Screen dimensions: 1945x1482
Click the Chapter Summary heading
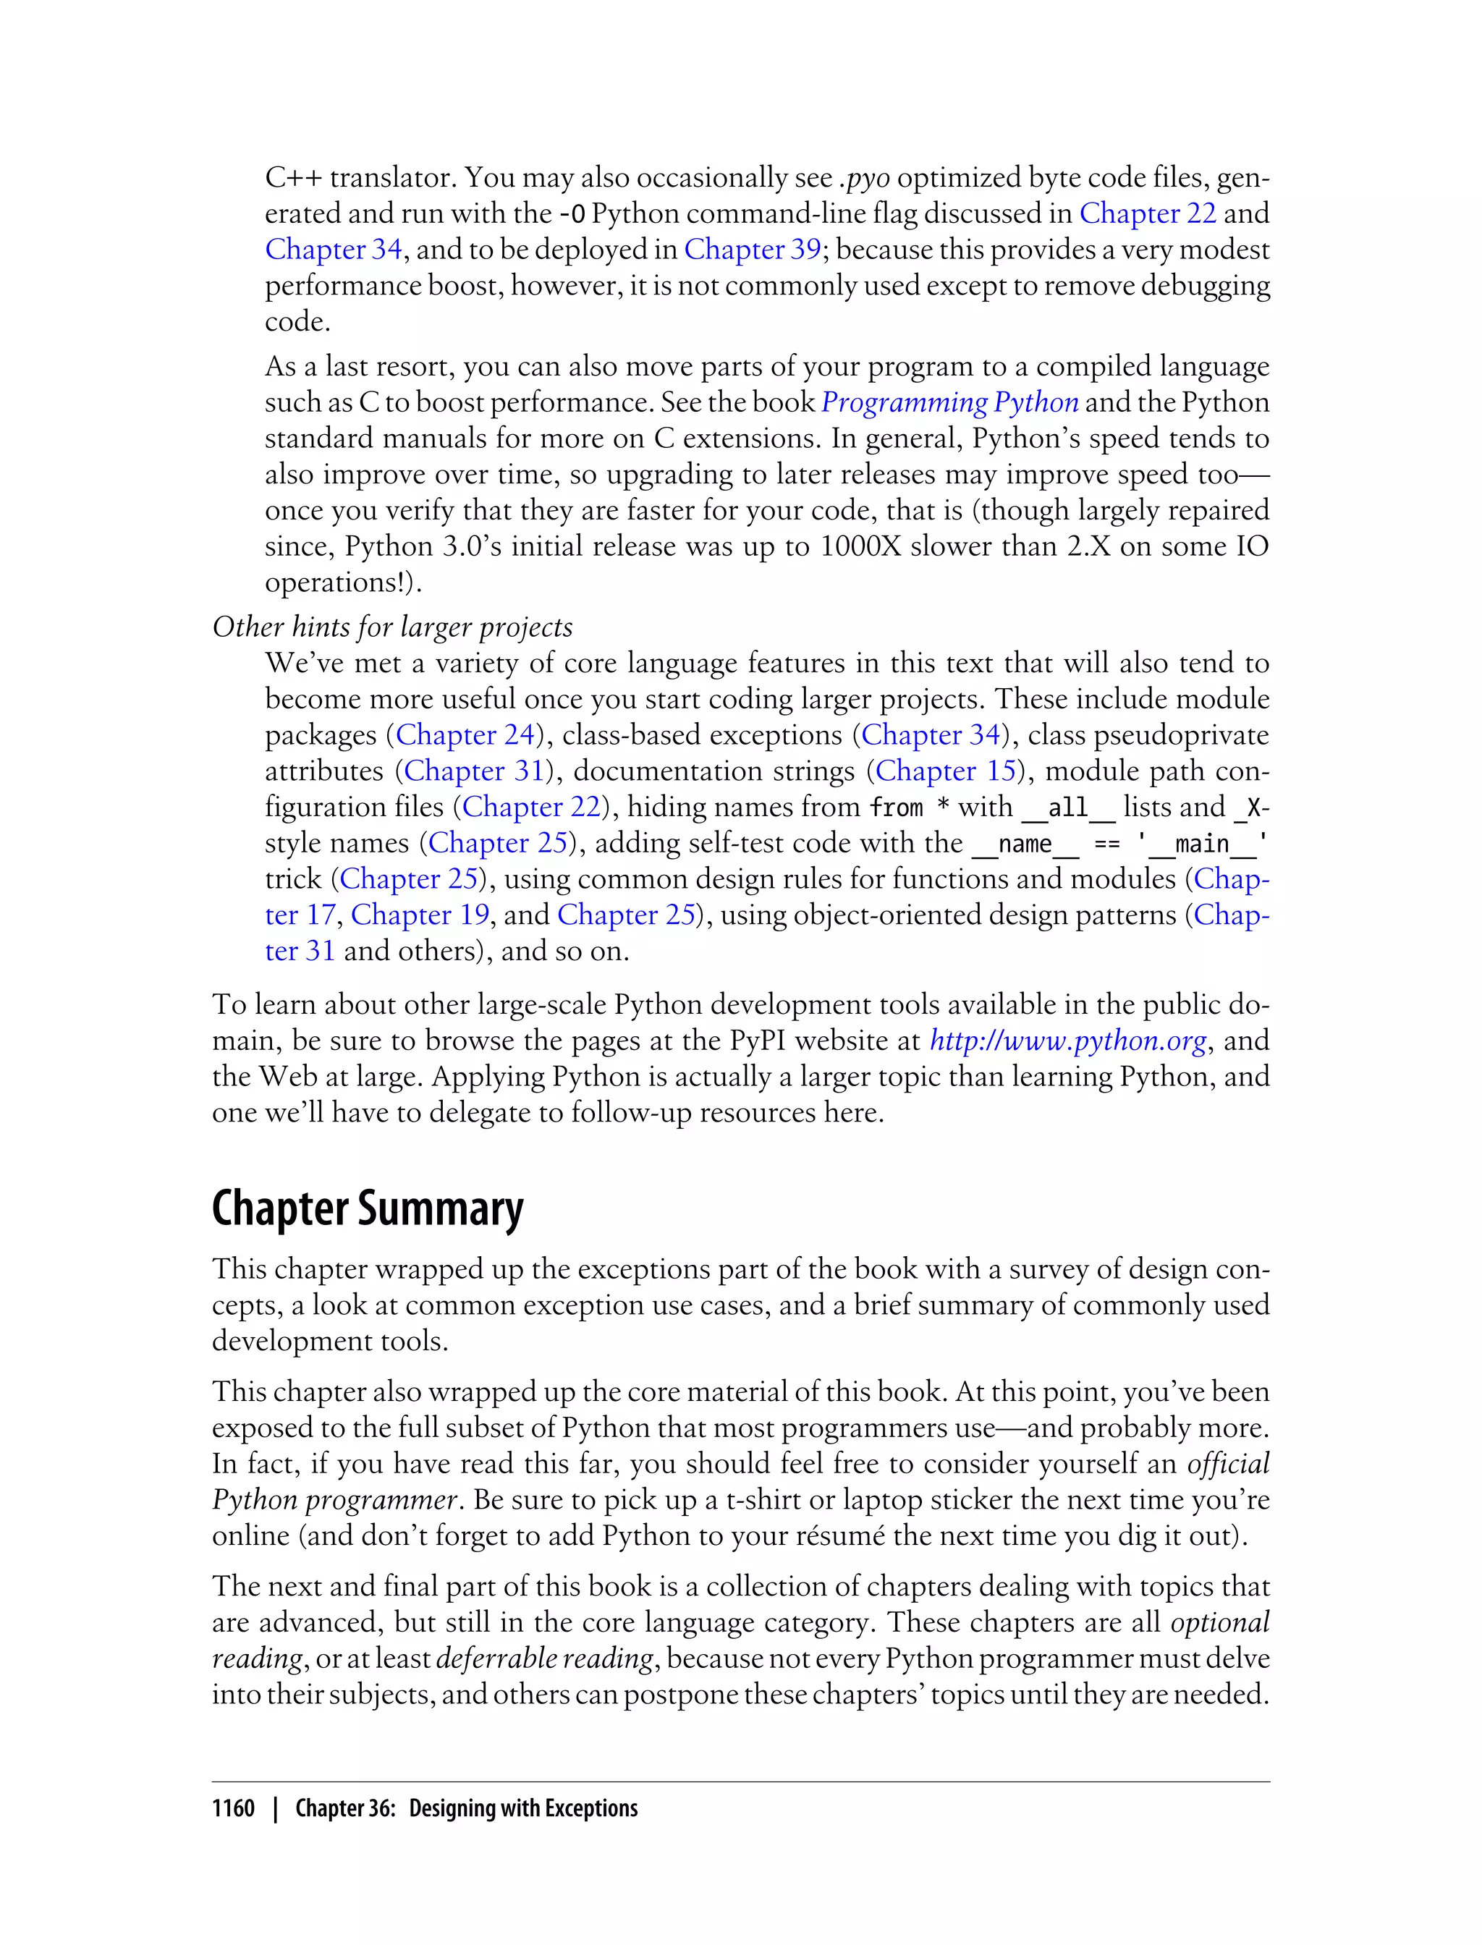click(367, 1209)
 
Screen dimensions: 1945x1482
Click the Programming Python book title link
click(949, 402)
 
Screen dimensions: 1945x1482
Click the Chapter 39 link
click(753, 250)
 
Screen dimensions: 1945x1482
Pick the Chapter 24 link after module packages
click(466, 734)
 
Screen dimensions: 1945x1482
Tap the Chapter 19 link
click(420, 915)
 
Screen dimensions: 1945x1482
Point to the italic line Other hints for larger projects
click(392, 627)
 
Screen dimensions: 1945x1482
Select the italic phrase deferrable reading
click(544, 1658)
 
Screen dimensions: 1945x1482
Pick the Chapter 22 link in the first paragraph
click(1148, 213)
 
